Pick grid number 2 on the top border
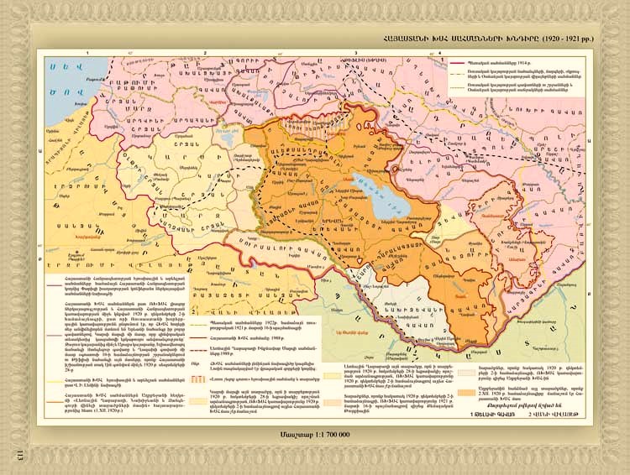(205, 52)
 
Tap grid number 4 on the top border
(440, 52)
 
